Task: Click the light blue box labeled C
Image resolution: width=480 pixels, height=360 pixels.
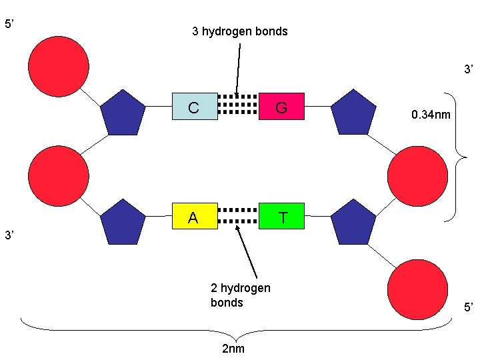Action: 195,106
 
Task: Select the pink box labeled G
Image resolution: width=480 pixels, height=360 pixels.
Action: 281,106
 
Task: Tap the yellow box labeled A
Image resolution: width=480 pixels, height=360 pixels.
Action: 195,217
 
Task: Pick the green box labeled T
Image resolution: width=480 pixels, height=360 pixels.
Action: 281,217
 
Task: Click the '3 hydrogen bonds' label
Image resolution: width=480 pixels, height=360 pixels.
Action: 239,31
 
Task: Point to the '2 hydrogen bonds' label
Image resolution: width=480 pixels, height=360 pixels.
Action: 240,295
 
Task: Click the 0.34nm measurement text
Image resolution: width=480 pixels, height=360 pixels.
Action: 431,115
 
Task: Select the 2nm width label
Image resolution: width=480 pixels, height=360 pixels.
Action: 233,349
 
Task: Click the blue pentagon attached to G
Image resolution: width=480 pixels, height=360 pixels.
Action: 353,111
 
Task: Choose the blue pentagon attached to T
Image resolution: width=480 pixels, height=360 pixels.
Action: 353,221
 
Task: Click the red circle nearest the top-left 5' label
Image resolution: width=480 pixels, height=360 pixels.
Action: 59,63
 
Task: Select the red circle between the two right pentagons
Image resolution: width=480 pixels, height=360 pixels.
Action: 417,175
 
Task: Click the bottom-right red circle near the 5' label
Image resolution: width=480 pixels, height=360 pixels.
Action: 417,288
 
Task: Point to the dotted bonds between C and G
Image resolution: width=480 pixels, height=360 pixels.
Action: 238,105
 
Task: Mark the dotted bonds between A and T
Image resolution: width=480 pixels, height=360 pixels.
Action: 238,216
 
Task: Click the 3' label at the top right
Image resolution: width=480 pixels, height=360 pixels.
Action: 469,69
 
